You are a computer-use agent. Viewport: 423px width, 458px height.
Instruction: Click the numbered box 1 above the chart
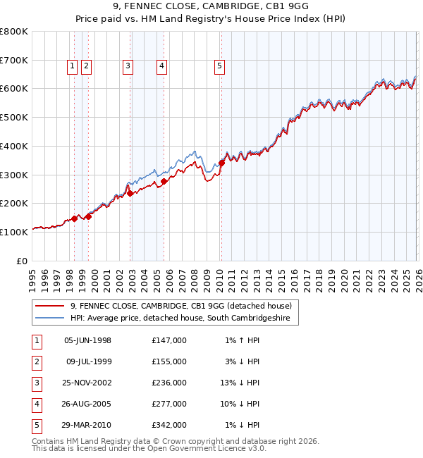click(x=73, y=66)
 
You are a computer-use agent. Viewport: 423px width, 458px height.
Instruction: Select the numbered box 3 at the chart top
click(x=128, y=66)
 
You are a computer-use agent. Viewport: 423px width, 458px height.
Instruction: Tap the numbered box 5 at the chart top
click(x=219, y=66)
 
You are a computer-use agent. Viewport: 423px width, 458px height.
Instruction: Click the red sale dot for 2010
click(x=221, y=163)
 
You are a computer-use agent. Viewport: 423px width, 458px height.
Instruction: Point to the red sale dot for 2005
click(x=164, y=181)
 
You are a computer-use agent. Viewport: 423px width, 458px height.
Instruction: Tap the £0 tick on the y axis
click(x=22, y=261)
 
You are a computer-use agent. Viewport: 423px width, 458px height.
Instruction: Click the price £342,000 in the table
click(x=168, y=425)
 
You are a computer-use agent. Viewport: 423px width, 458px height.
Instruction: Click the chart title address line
click(x=211, y=9)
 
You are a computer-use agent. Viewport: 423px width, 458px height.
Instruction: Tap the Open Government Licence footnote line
click(x=149, y=448)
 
